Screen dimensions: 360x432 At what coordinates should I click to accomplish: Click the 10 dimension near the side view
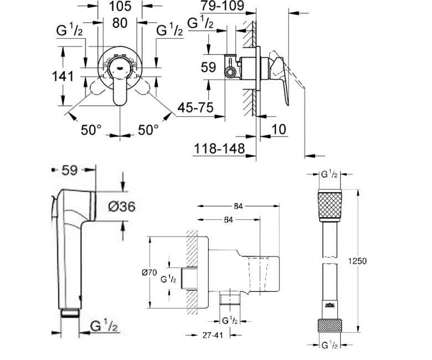(278, 131)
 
